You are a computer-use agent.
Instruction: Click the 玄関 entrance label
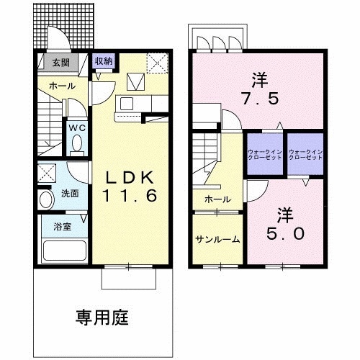click(61, 63)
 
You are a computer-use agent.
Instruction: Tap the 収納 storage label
click(104, 61)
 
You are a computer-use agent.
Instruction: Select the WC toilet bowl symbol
click(77, 143)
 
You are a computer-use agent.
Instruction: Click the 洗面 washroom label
click(70, 194)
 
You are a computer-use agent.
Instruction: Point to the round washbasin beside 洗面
click(47, 199)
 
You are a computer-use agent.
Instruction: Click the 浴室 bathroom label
click(63, 226)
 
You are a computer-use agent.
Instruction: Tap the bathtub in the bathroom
click(64, 251)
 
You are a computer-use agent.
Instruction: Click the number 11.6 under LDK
click(130, 195)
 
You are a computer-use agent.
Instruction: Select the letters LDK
click(130, 178)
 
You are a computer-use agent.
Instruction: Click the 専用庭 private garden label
click(102, 318)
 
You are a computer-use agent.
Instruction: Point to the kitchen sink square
click(127, 104)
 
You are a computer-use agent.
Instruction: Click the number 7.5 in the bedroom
click(261, 99)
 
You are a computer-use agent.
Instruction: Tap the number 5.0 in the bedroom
click(286, 233)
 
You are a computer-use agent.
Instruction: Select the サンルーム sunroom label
click(217, 239)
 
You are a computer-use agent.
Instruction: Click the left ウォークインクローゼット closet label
click(265, 155)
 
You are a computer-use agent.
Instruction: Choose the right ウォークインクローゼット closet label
click(305, 155)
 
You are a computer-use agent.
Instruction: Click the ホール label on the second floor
click(218, 199)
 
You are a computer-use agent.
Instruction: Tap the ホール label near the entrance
click(63, 86)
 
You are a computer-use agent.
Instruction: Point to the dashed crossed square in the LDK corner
click(157, 63)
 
